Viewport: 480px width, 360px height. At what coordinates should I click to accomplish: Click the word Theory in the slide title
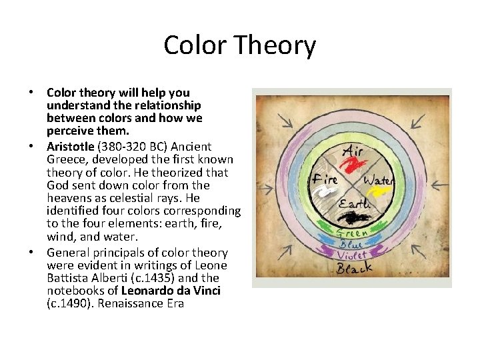click(277, 46)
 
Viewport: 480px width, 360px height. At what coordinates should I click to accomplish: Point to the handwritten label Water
click(379, 179)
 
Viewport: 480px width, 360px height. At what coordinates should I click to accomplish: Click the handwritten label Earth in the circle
click(353, 203)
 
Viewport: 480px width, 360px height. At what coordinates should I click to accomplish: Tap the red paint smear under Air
click(353, 164)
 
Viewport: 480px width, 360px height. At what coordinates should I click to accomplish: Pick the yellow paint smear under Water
click(380, 192)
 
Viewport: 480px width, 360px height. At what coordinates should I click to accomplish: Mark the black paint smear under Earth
click(353, 217)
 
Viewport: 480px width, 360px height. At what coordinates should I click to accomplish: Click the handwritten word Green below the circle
click(351, 233)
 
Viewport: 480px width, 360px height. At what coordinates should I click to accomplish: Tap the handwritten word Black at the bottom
click(353, 269)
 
